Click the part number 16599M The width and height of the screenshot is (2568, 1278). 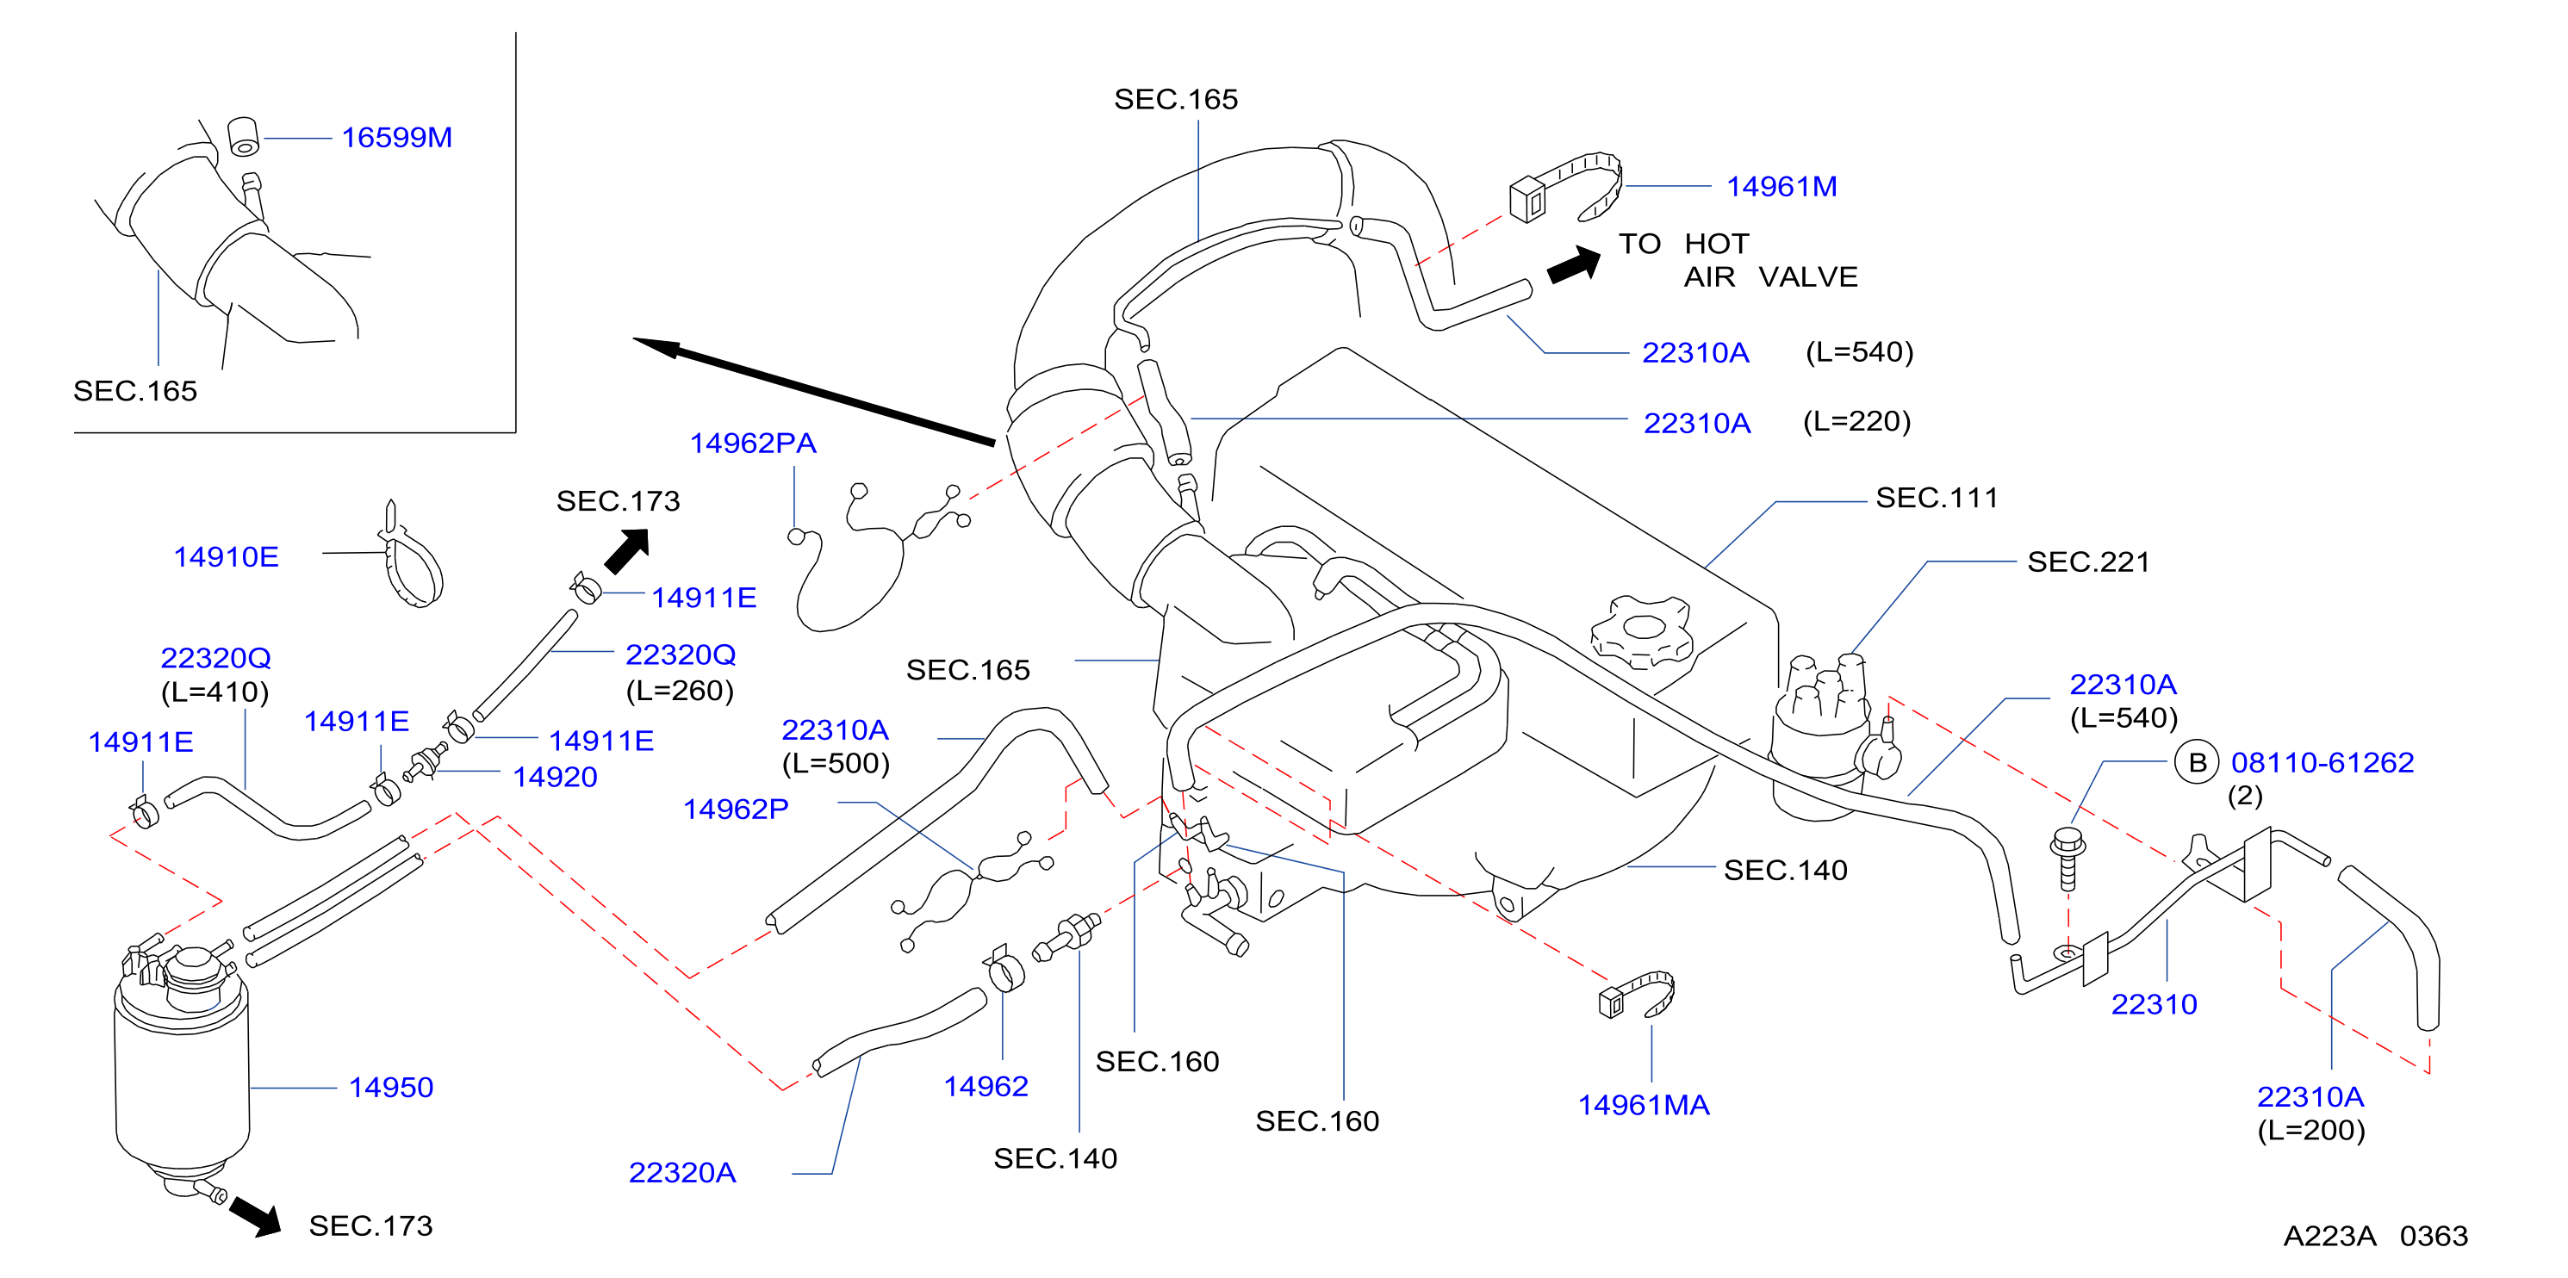pyautogui.click(x=397, y=138)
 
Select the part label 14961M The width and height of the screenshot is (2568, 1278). pyautogui.click(x=1781, y=186)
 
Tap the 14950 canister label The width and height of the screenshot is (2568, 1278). pyautogui.click(x=391, y=1088)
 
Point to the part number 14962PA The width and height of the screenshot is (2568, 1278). pyautogui.click(x=753, y=444)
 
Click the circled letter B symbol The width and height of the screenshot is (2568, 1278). pyautogui.click(x=2196, y=763)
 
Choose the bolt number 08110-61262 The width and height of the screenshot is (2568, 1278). pyautogui.click(x=2322, y=763)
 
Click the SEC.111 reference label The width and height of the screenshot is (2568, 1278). pyautogui.click(x=1937, y=499)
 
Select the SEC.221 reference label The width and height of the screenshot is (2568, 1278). pyautogui.click(x=2088, y=562)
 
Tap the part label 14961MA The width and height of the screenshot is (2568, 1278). pyautogui.click(x=1643, y=1106)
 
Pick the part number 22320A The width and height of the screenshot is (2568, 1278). pyautogui.click(x=682, y=1173)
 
